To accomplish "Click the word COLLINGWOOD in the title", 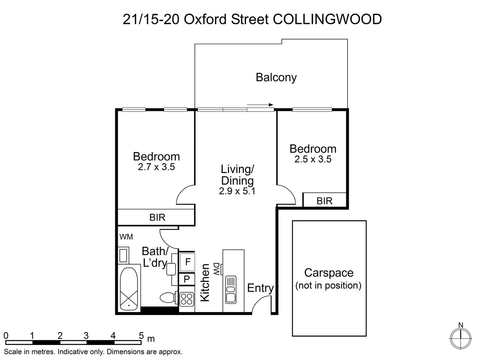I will [x=327, y=19].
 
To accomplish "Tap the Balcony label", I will [x=276, y=77].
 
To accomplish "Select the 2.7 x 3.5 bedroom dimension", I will [x=156, y=167].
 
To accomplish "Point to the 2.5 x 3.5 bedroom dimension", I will [x=313, y=159].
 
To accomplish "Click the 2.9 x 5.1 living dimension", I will [x=237, y=191].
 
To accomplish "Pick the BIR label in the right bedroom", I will [x=325, y=201].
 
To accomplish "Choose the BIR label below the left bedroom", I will [x=157, y=217].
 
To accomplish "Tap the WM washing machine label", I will [x=126, y=237].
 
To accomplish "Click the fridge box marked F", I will [x=187, y=262].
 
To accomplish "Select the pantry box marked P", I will [x=187, y=279].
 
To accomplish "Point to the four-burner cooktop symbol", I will [x=187, y=299].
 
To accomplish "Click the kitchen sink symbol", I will [x=231, y=289].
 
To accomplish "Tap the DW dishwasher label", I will [x=217, y=269].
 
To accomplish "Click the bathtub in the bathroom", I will [x=129, y=287].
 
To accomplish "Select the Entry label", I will [x=260, y=288].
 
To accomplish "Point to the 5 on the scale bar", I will [x=141, y=335].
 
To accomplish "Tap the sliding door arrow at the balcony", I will [x=260, y=105].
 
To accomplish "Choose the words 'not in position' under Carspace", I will [x=328, y=286].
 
